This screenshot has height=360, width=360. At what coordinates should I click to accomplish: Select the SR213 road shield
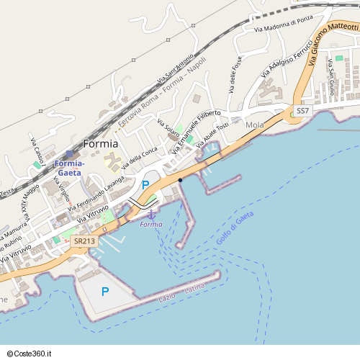(84, 242)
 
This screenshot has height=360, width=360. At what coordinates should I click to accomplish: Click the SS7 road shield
(302, 111)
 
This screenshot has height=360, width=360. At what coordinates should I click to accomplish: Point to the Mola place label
(255, 125)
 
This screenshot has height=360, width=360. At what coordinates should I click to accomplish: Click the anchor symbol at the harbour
(151, 214)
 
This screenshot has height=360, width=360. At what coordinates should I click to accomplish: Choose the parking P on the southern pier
(105, 292)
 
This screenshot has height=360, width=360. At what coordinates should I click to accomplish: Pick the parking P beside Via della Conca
(145, 185)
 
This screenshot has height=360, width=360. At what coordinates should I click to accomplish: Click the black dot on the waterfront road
(180, 179)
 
